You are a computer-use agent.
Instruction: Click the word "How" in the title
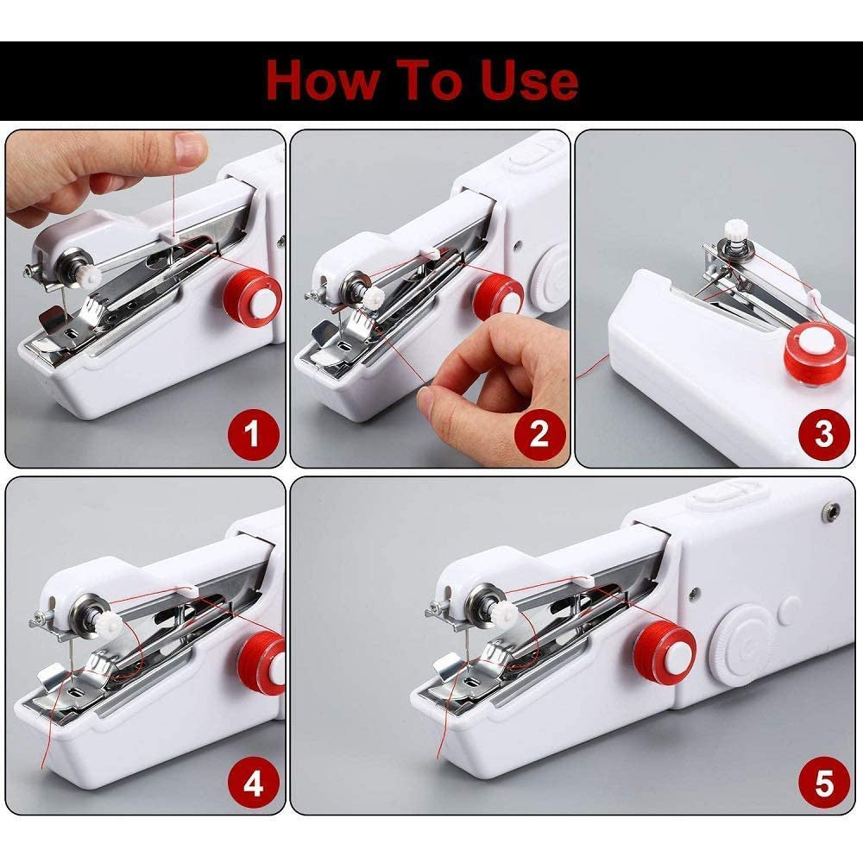(322, 80)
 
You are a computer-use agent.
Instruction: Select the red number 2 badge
(539, 433)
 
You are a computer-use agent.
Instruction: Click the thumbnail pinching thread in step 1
(191, 148)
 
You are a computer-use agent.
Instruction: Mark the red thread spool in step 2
(499, 297)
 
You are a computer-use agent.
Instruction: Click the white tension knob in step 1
(88, 275)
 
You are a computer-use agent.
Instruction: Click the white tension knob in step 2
(373, 296)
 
